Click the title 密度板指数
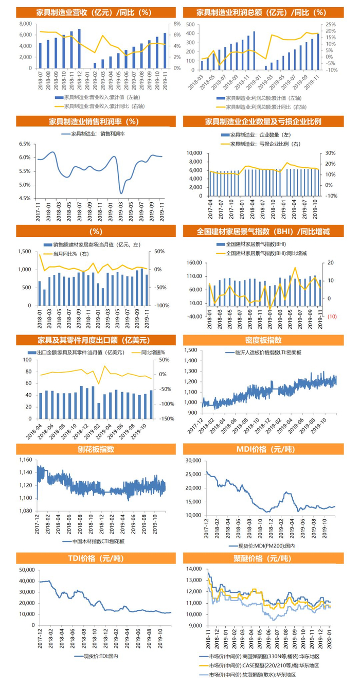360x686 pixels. (263, 340)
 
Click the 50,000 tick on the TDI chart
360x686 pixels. (26, 570)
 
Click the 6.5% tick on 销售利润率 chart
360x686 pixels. (25, 144)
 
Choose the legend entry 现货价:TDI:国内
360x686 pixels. (97, 657)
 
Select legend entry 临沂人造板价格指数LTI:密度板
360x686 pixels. (263, 353)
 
